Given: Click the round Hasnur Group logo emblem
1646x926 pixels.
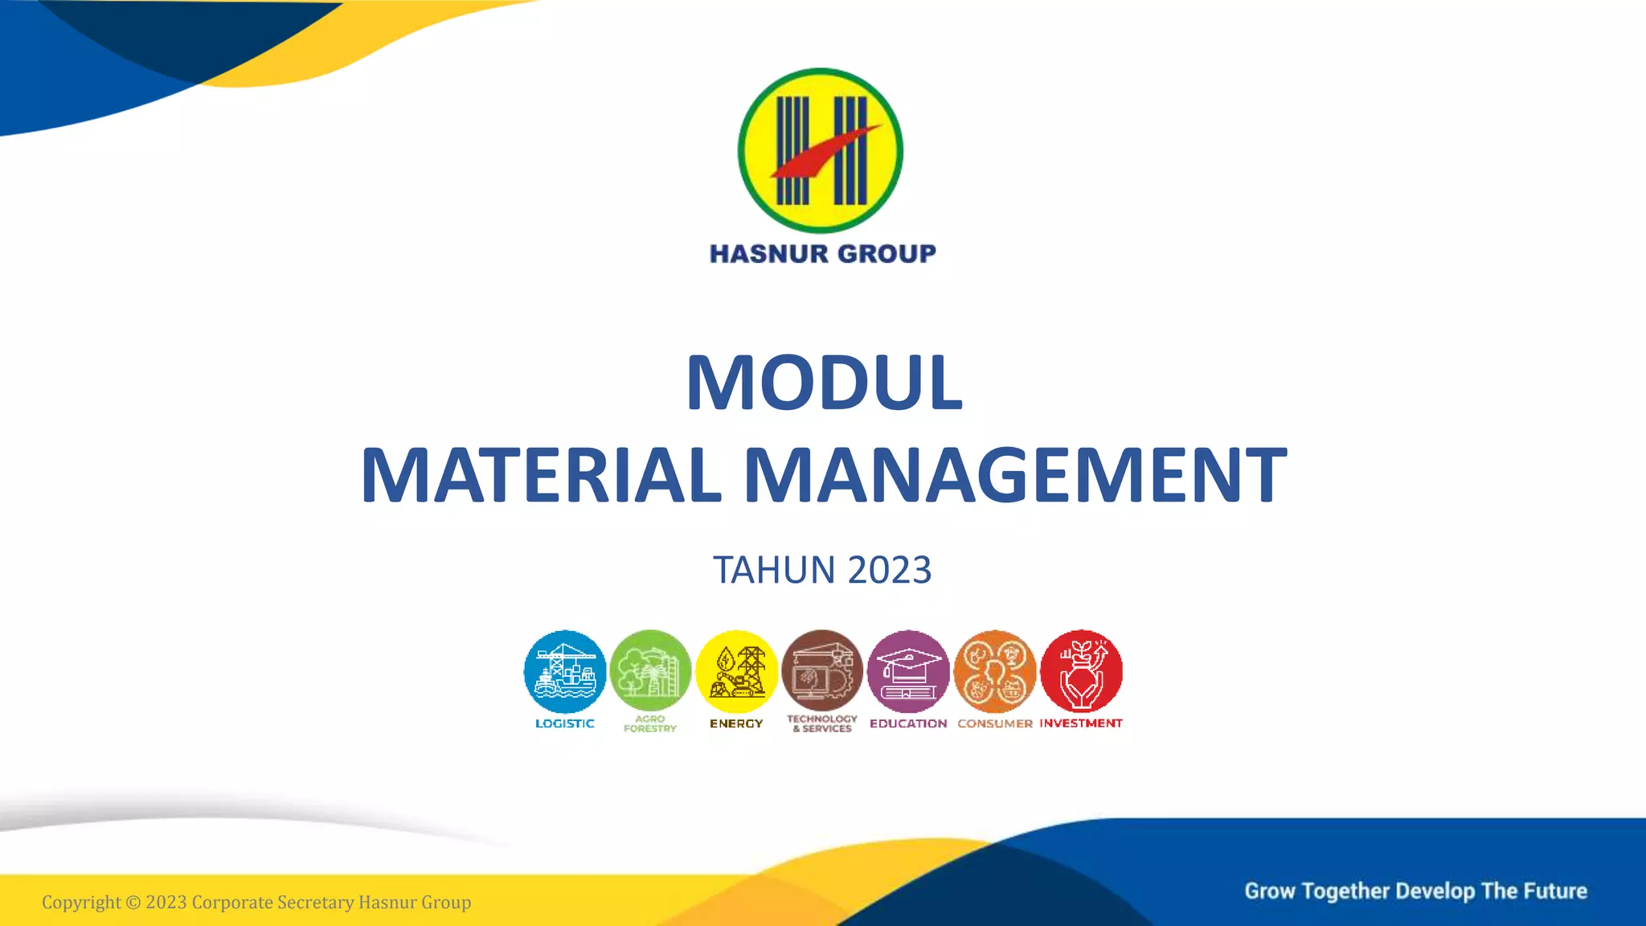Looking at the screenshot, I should (x=821, y=150).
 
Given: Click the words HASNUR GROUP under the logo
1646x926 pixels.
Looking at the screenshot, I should (x=822, y=254).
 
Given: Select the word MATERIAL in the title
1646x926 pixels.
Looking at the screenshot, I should (x=541, y=475).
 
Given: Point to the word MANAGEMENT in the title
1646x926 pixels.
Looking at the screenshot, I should (x=1015, y=475).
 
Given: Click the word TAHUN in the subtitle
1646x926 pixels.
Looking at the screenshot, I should (x=774, y=570).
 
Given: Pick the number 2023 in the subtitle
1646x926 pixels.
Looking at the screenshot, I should (x=890, y=570).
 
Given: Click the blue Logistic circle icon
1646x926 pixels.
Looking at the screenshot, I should (x=565, y=671).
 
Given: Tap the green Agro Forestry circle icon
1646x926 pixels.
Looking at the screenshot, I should (x=650, y=671).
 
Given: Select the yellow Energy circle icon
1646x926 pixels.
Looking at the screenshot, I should (x=736, y=671).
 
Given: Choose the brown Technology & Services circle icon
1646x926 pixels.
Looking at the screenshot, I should (x=822, y=671).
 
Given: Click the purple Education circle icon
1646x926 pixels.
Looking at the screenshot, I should (x=908, y=671).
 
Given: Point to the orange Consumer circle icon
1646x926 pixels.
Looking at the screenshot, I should (x=995, y=671).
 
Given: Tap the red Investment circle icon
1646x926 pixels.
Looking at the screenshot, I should (x=1081, y=671).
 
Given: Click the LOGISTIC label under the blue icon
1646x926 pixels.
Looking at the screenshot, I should (x=565, y=723).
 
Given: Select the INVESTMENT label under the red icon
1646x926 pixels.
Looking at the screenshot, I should (x=1081, y=723).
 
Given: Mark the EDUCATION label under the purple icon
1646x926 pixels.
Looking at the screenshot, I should (x=908, y=723).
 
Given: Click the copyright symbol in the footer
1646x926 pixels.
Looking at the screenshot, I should (x=133, y=903).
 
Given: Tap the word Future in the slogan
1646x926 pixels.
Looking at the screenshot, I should (x=1556, y=891).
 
